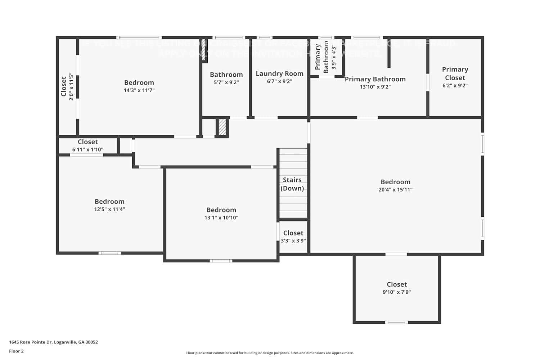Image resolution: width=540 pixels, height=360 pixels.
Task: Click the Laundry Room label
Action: [279, 73]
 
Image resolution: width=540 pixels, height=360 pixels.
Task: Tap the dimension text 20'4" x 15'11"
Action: [395, 190]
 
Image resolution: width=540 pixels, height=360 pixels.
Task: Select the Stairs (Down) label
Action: [292, 184]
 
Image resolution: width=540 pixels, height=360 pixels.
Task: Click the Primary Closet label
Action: [455, 73]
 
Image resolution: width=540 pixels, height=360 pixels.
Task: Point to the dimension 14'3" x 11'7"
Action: [139, 90]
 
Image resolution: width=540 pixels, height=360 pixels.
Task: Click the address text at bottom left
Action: [53, 342]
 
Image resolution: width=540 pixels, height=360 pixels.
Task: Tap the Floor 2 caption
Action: [16, 351]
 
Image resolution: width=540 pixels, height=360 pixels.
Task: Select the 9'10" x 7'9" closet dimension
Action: [396, 292]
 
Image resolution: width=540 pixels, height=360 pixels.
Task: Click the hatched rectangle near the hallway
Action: [222, 127]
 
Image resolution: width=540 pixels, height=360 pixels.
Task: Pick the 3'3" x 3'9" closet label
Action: [293, 237]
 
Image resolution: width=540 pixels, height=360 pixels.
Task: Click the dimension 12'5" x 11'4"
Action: [109, 209]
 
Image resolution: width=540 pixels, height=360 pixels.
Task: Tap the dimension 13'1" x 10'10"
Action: [221, 217]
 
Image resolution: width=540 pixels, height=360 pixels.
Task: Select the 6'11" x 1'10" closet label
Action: [87, 145]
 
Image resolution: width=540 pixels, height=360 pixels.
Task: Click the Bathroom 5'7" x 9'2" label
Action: [226, 78]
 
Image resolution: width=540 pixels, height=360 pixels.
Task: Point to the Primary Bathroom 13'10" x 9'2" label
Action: [375, 82]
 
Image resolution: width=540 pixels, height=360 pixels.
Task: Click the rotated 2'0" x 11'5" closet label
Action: [67, 86]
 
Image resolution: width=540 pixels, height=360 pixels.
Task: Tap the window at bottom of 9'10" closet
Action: [396, 322]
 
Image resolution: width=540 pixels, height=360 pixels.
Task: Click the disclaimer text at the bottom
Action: [270, 353]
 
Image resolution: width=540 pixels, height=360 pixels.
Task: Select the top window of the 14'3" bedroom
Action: [139, 37]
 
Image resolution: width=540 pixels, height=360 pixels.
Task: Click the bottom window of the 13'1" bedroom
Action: [221, 261]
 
